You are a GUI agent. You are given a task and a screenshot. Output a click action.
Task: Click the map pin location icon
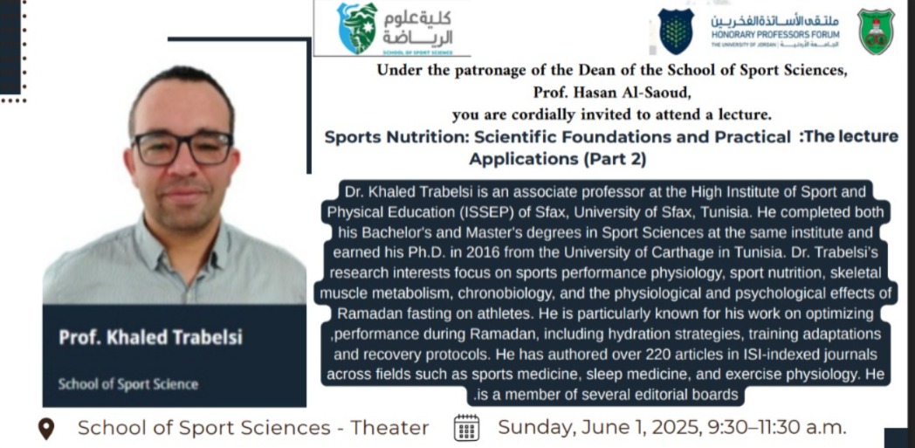[46, 429]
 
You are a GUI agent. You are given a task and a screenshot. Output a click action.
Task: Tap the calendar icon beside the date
[466, 428]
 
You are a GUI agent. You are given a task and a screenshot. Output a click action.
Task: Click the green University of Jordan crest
[876, 31]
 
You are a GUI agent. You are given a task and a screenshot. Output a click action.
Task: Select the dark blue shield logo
[676, 31]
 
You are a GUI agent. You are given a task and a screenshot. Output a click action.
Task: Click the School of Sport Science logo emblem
[358, 27]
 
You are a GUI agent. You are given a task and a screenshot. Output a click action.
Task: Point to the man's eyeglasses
[182, 148]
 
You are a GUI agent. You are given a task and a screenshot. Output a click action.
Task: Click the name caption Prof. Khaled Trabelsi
[150, 338]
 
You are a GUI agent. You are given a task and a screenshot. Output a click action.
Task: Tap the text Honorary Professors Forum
[775, 35]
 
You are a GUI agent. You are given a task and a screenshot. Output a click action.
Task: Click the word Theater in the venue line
[389, 428]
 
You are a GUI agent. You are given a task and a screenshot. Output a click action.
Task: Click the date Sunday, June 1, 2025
[599, 428]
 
